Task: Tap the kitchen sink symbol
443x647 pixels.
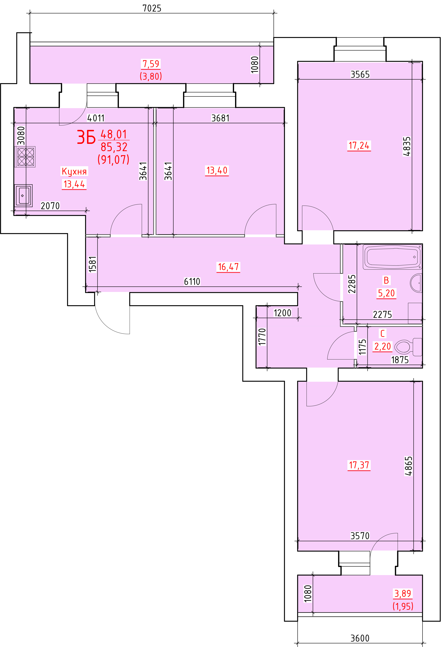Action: coord(24,195)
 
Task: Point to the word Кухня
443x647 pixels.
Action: coord(74,171)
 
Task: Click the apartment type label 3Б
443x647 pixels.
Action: coord(86,137)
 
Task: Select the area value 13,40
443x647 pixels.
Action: coord(217,170)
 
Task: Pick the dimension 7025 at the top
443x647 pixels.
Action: coord(152,8)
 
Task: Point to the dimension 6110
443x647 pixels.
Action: coord(192,281)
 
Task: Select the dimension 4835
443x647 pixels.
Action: coord(407,146)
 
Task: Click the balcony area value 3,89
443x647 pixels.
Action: coord(403,594)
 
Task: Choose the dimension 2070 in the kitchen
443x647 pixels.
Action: coord(50,206)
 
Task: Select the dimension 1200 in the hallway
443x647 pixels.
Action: coord(282,313)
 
